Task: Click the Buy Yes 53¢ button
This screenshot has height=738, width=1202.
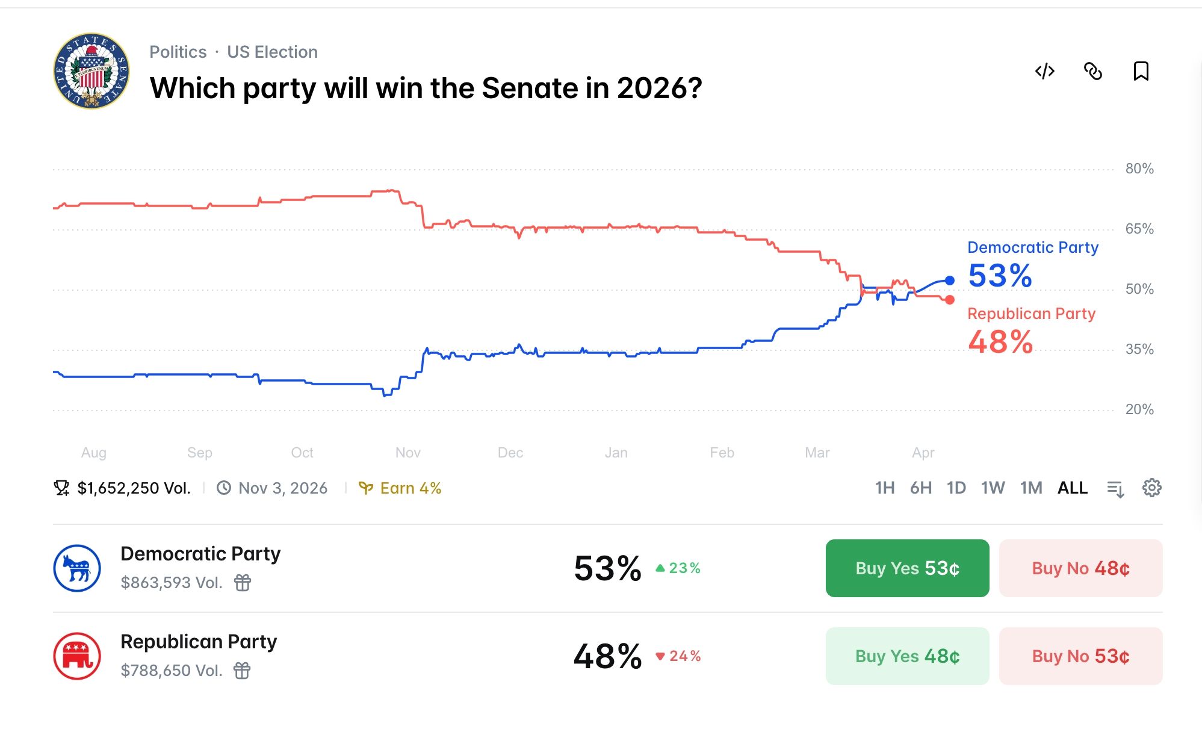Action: pos(907,568)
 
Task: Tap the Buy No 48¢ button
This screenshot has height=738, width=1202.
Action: pos(1080,568)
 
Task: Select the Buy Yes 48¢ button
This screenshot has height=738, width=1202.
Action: pos(907,656)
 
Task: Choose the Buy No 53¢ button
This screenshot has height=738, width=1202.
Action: pos(1080,656)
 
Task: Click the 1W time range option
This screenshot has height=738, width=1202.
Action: pos(993,488)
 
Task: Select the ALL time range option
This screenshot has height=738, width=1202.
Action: pos(1072,488)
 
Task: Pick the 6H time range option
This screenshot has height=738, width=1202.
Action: pos(920,488)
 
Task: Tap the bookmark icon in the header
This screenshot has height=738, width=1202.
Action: pos(1141,71)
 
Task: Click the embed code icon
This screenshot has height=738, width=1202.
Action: pos(1044,71)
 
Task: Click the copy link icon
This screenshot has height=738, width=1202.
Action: pos(1092,71)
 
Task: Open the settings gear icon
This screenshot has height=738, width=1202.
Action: pos(1151,488)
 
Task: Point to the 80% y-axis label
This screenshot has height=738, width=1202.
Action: pos(1139,169)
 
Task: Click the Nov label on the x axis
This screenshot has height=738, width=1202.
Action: pos(407,453)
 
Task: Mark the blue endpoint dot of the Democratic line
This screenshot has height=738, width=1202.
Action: pos(949,281)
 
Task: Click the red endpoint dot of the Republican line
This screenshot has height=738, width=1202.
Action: pos(949,300)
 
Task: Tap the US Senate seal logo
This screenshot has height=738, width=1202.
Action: pos(91,71)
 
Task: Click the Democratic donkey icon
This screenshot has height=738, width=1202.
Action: pos(77,568)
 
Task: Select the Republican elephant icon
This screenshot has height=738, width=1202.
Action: pos(77,656)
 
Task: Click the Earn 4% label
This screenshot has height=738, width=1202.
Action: pos(400,488)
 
